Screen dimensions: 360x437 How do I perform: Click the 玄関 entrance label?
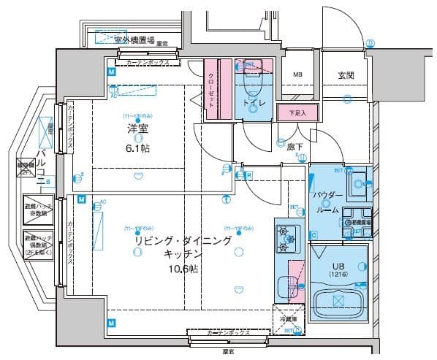(346, 75)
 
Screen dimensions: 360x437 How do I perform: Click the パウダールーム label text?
(326, 202)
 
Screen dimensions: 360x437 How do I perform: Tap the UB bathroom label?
(338, 265)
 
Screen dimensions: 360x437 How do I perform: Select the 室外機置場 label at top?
(134, 39)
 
